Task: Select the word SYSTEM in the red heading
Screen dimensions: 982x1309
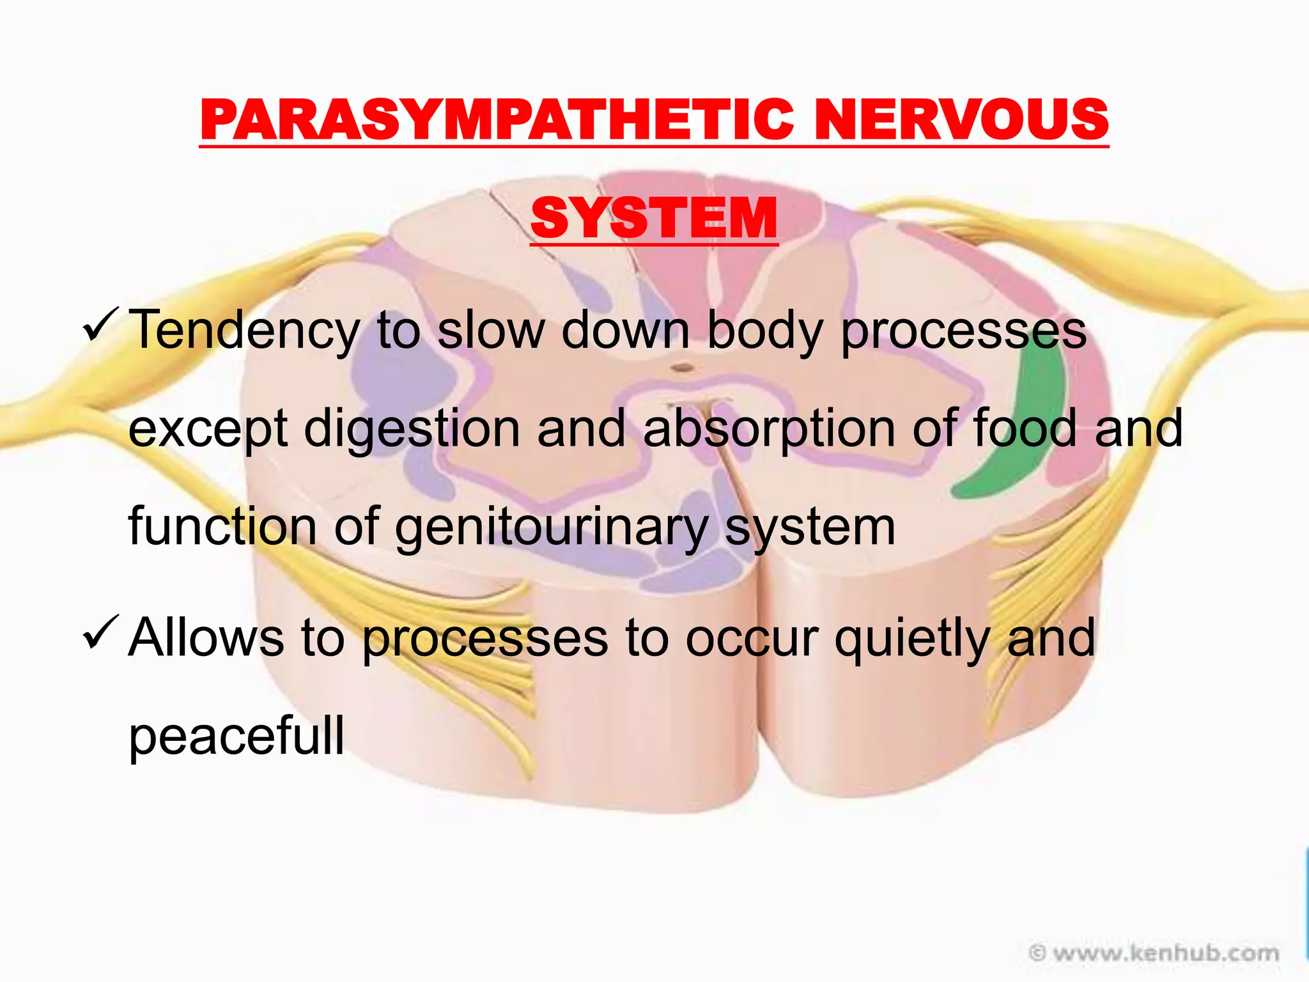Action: pos(654,219)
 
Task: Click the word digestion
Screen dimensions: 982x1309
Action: pos(412,428)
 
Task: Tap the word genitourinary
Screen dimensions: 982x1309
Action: pos(551,527)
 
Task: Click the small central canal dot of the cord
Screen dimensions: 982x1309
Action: pos(683,368)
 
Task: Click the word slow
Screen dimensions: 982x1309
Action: pos(490,330)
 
